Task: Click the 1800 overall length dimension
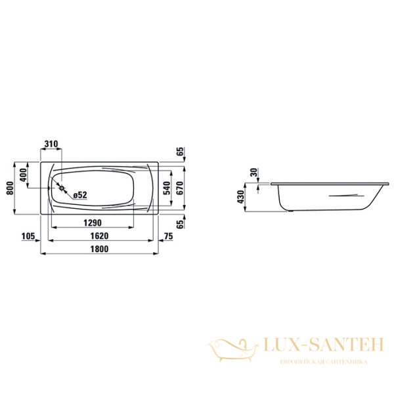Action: pos(100,249)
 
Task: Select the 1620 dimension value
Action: pos(100,236)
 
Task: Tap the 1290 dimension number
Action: pos(93,223)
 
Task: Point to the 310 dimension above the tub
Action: pos(51,144)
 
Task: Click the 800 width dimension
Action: pos(11,188)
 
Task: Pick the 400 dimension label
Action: pos(23,175)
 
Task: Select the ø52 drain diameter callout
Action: pos(80,195)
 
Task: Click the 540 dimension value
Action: pos(167,188)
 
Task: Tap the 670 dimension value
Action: pos(180,188)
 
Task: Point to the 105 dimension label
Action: pos(28,236)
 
